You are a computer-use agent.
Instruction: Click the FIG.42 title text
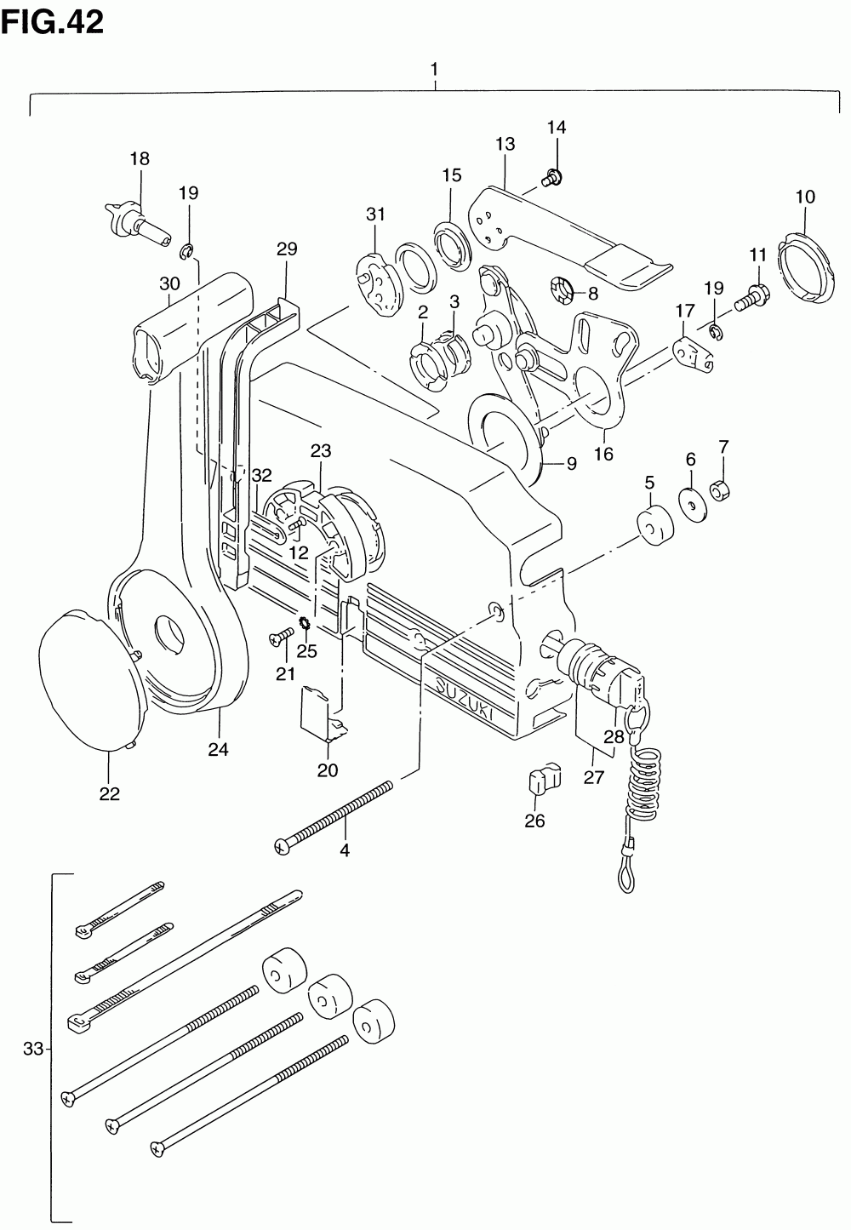point(53,20)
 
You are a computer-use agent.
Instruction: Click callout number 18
point(139,157)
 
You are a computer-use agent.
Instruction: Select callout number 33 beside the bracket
point(32,1050)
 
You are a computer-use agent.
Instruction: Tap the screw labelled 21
point(279,638)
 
